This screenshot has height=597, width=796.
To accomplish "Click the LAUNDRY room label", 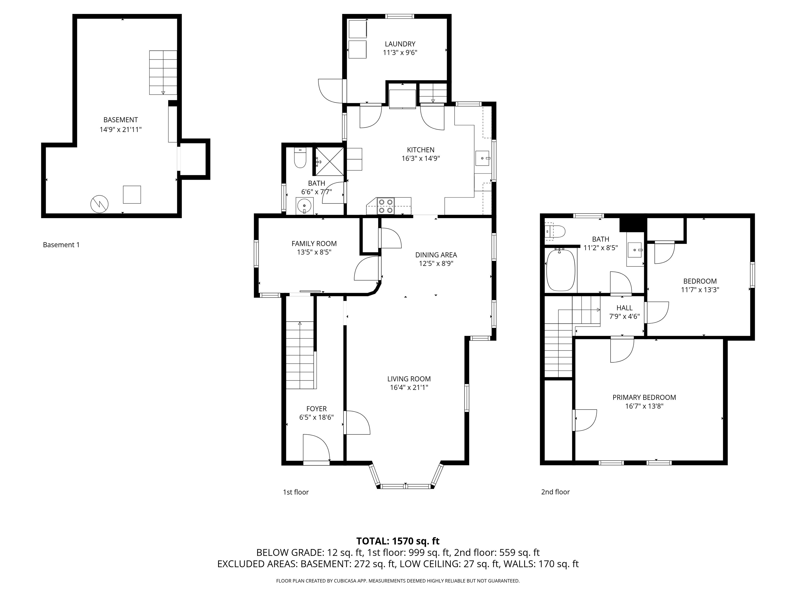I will click(x=400, y=44).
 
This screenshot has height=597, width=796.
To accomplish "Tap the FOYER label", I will click(x=316, y=409).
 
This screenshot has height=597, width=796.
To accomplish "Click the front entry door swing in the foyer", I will click(x=316, y=447).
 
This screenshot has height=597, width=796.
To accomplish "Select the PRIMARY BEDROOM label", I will click(x=644, y=397).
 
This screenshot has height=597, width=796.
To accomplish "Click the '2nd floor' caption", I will click(x=555, y=492).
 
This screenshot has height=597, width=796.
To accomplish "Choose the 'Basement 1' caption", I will click(x=61, y=245).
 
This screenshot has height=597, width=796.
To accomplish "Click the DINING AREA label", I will click(x=436, y=255).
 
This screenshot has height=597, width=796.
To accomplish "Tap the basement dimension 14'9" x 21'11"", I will click(x=120, y=130).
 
